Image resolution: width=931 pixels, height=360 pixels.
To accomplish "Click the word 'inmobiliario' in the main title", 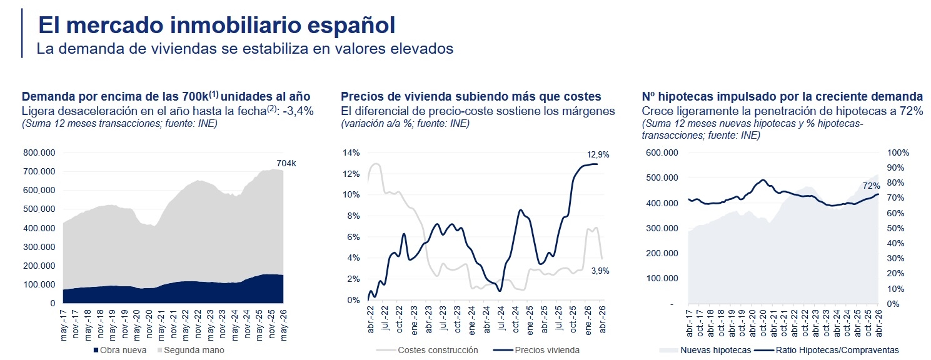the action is point(236,25).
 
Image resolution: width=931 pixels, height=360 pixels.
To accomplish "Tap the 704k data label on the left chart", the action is point(286,164).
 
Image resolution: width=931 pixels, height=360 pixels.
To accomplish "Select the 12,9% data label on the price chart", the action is point(598,155).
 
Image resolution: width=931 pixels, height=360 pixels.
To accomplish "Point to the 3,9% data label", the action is point(600,271).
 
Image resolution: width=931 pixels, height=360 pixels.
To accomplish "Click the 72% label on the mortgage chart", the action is point(871,186).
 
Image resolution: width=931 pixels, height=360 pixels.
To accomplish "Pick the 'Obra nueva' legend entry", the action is point(119,351).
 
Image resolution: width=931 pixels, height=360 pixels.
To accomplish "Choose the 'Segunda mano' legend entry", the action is point(190,351).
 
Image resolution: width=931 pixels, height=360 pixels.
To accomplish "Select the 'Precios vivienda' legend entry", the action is point(536,351).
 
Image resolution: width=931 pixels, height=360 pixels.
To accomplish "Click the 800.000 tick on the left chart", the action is point(39,152).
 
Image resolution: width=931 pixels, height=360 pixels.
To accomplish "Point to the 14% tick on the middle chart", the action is point(351,152).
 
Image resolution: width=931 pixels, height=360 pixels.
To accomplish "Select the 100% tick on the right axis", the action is point(898,152).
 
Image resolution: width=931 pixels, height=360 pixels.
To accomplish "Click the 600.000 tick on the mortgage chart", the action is point(662,152).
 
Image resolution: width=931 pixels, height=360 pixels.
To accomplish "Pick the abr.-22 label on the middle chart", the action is point(371,320).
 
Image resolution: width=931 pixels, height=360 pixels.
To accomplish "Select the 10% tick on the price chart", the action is point(351,195).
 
